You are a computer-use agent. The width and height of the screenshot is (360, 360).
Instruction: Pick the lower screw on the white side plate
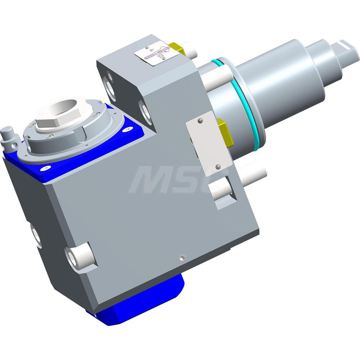click(x=218, y=166)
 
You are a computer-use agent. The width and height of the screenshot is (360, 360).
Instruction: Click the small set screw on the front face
click(x=183, y=257)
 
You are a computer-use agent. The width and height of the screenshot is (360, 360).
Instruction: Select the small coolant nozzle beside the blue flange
click(x=9, y=137)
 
